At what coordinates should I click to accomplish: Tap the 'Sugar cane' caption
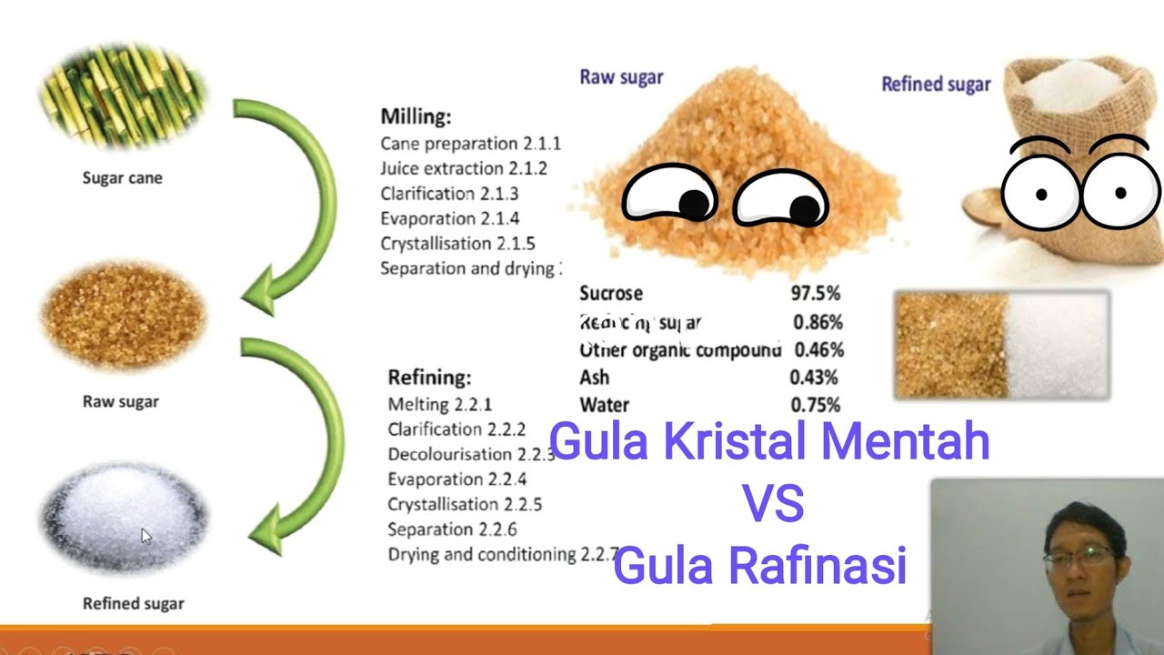coord(122,177)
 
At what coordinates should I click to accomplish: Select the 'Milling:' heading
coord(416,116)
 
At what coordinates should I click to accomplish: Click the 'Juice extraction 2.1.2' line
coord(464,168)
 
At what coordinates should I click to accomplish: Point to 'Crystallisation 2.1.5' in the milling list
coord(457,244)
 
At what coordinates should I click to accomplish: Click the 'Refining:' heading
coord(429,378)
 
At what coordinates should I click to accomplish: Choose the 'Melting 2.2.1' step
coord(439,404)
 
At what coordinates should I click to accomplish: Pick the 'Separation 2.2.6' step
coord(452,529)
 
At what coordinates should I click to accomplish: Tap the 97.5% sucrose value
coord(815,293)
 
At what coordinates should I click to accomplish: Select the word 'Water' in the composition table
coord(604,405)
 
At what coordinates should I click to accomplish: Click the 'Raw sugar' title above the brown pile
coord(621,77)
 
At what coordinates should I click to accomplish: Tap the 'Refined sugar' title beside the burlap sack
coord(936,85)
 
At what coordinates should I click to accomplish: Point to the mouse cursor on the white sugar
coord(145,536)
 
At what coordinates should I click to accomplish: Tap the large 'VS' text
coord(772,503)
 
